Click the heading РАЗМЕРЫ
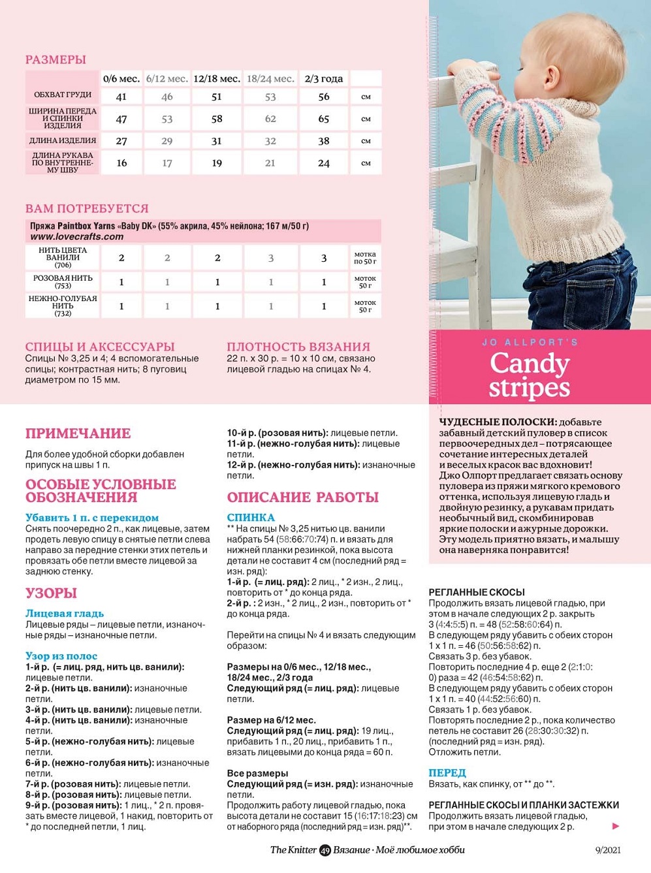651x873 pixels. (x=56, y=59)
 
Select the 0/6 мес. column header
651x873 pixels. (x=121, y=79)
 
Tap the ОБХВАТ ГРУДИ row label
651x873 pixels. (x=63, y=95)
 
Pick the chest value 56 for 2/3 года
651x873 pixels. (x=324, y=97)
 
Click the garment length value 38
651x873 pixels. (x=324, y=140)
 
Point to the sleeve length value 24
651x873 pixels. (x=324, y=163)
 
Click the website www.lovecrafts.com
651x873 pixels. (x=77, y=236)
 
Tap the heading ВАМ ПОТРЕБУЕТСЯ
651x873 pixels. (x=87, y=208)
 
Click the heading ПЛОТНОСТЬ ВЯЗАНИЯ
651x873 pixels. (x=298, y=347)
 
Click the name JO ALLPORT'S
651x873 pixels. (x=530, y=342)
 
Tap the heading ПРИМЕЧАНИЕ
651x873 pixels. (x=78, y=434)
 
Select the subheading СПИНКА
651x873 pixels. (x=251, y=517)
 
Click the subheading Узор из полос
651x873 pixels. (x=61, y=656)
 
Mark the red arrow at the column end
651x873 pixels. (x=615, y=826)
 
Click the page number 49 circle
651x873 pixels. (x=325, y=850)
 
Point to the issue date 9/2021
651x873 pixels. (x=607, y=850)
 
